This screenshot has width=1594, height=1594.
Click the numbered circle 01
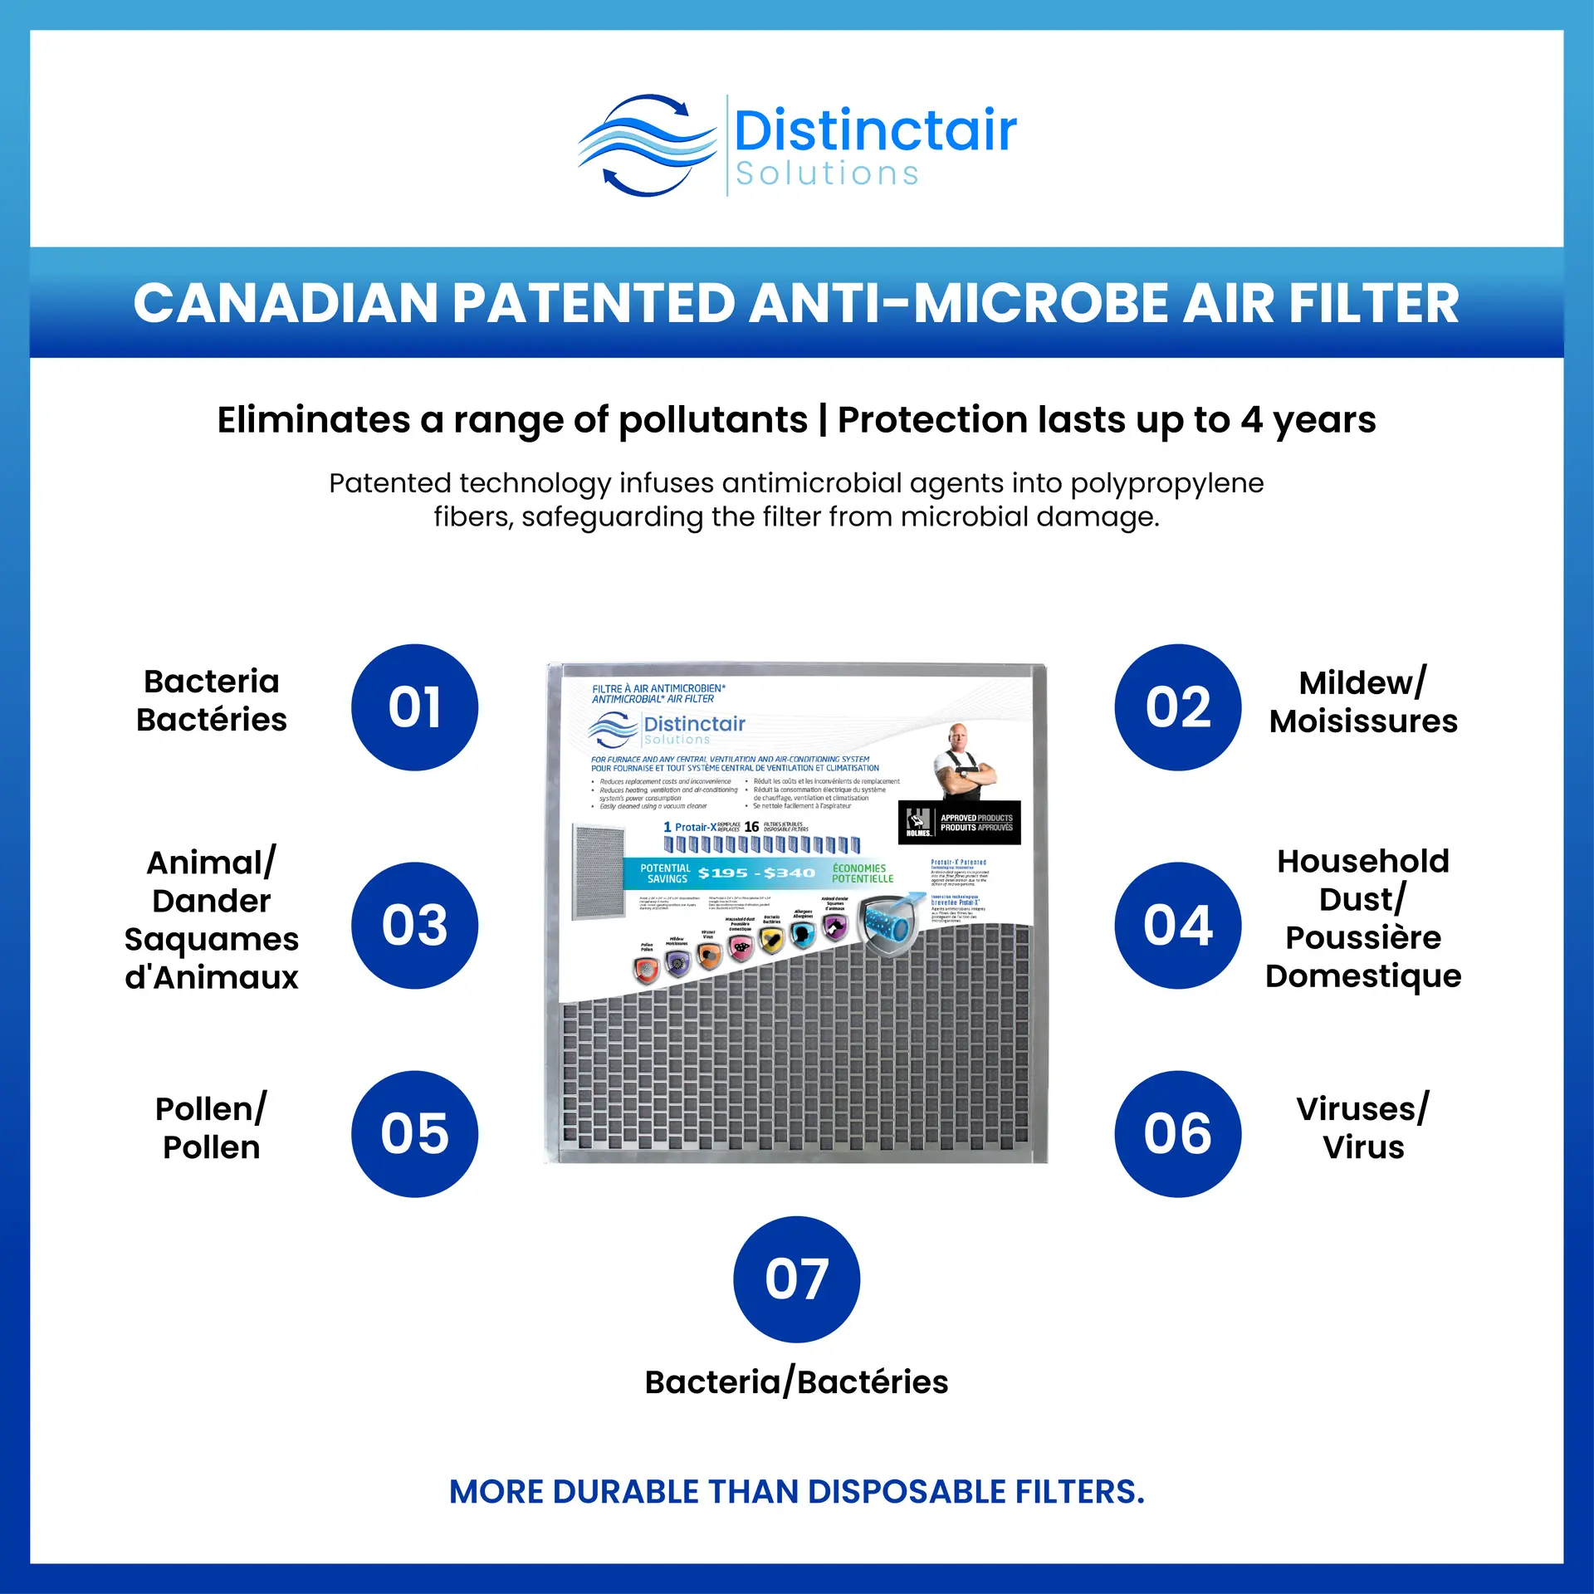(x=414, y=707)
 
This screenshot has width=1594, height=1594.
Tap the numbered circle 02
(x=1177, y=707)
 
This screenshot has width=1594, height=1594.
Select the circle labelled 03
(x=414, y=925)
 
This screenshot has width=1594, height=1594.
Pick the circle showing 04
(x=1177, y=925)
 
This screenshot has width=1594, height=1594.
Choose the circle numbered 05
(x=414, y=1133)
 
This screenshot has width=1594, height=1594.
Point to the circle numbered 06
(x=1177, y=1133)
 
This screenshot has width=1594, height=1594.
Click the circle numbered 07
(x=796, y=1279)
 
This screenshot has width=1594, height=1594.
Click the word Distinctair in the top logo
(x=875, y=131)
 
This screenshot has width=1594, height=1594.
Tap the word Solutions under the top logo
(x=827, y=174)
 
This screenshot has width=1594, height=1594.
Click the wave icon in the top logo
(x=647, y=145)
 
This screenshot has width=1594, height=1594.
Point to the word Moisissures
(x=1363, y=721)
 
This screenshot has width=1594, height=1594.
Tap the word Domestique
(x=1363, y=975)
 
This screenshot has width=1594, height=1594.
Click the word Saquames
(x=212, y=939)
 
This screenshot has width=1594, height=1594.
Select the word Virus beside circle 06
(x=1363, y=1147)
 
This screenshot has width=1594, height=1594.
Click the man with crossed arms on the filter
(x=963, y=762)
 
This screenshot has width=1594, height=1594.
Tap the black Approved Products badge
(x=960, y=823)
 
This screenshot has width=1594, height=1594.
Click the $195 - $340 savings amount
(x=756, y=873)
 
